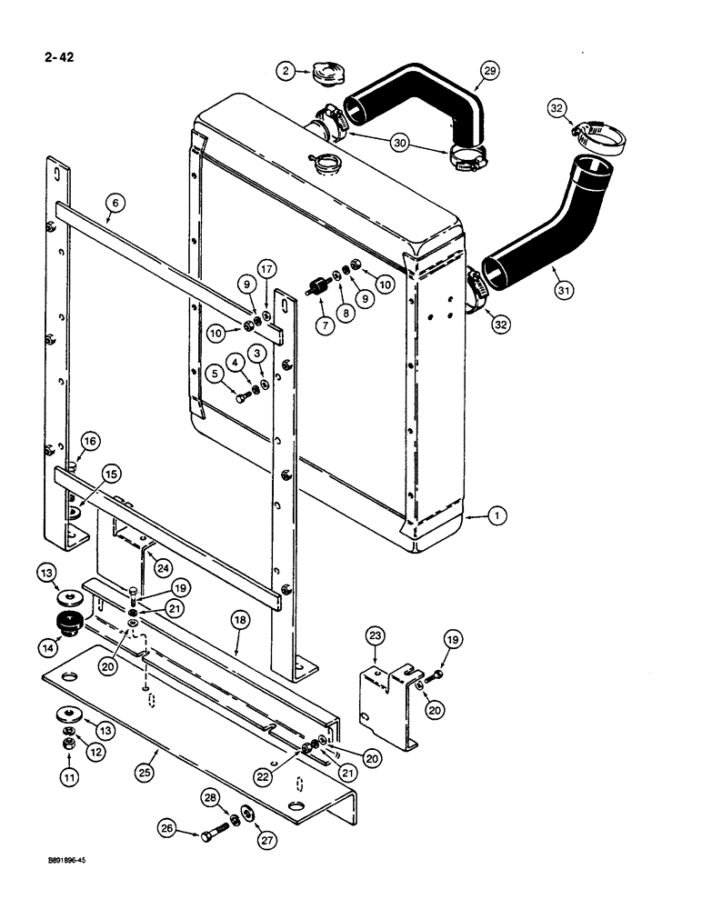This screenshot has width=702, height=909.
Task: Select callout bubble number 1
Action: pos(495,515)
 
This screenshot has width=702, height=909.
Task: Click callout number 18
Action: pos(238,621)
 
